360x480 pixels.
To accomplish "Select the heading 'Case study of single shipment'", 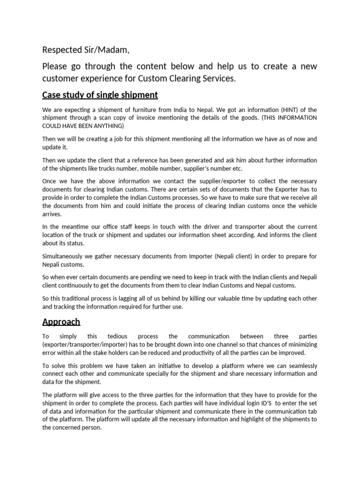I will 100,95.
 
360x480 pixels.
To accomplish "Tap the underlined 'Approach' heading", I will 61,322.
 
